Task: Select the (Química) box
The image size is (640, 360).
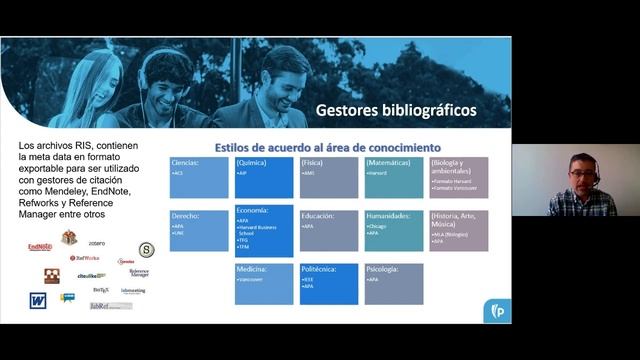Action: click(x=264, y=178)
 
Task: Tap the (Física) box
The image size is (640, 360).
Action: click(x=329, y=178)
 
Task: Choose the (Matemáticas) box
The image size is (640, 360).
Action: click(x=394, y=178)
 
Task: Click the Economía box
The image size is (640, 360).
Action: click(x=264, y=230)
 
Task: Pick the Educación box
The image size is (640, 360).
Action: click(x=329, y=230)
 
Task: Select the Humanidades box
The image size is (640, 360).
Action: click(x=394, y=230)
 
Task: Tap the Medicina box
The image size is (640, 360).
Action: click(x=264, y=284)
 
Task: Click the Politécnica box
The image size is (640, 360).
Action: click(x=329, y=284)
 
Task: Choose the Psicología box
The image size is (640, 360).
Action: click(x=394, y=284)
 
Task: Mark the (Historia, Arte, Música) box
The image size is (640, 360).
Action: click(x=459, y=230)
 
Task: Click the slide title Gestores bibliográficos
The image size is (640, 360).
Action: click(x=396, y=109)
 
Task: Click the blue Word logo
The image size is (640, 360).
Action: click(x=38, y=299)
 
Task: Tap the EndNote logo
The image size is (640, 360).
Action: click(x=40, y=246)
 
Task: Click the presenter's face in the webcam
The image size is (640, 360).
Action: click(x=580, y=174)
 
